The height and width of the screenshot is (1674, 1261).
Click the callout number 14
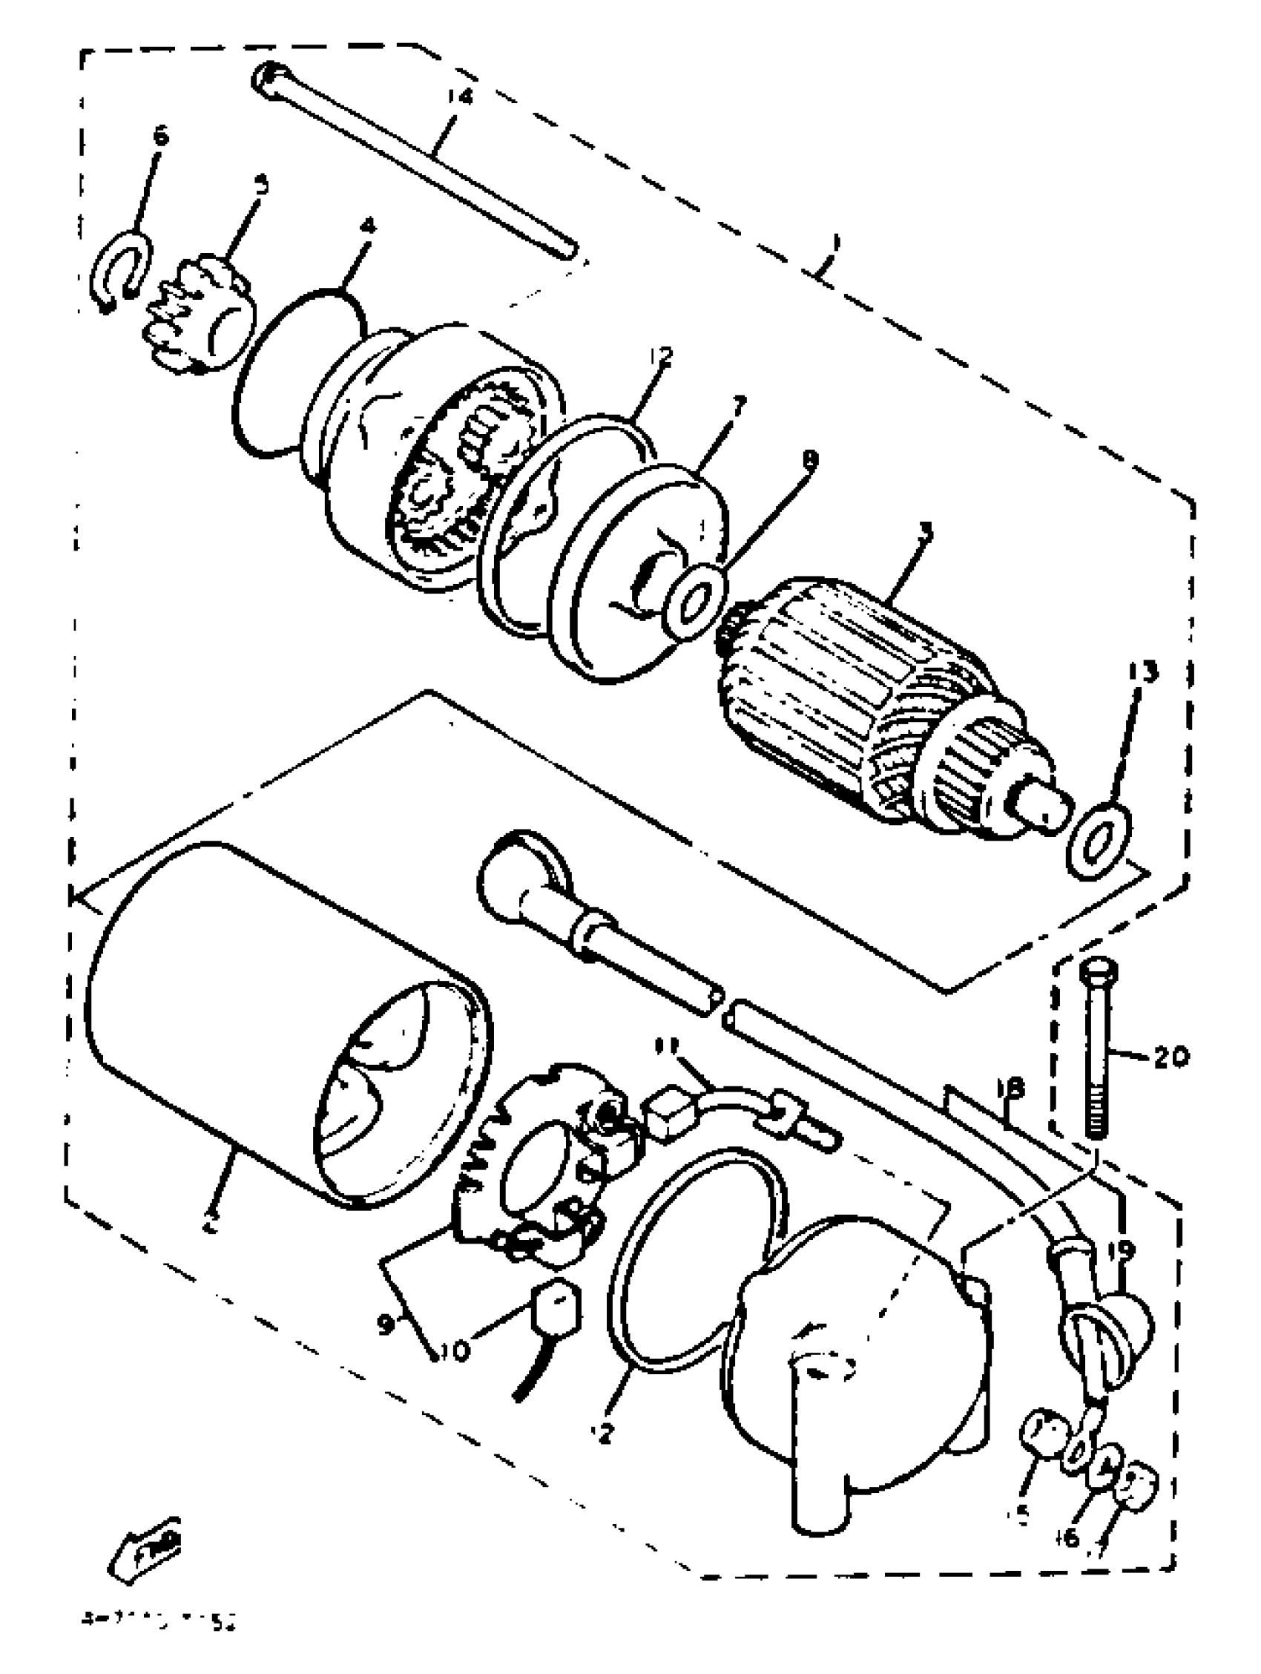tap(459, 97)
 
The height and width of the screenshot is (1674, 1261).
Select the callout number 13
tap(1143, 672)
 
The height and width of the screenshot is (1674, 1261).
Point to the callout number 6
tap(160, 137)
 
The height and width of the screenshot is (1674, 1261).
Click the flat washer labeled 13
tap(1099, 842)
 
